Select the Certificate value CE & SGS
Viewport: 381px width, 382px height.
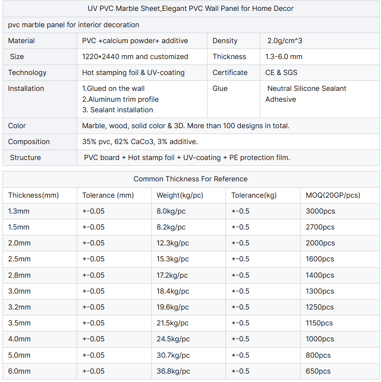click(x=281, y=72)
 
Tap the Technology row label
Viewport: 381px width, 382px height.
click(x=27, y=72)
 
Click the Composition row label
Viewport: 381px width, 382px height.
click(x=29, y=142)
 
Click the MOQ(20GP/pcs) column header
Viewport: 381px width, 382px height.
click(x=333, y=195)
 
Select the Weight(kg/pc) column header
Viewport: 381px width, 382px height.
click(x=180, y=195)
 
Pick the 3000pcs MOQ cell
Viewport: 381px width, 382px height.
click(x=320, y=211)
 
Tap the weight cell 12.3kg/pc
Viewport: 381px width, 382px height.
click(x=173, y=243)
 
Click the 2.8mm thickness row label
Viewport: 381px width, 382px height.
click(x=19, y=275)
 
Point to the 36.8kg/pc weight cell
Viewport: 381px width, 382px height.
click(x=173, y=371)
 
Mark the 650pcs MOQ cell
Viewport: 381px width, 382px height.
click(x=318, y=371)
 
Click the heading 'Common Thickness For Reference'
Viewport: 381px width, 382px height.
click(x=190, y=179)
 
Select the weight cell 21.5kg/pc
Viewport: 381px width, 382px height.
click(x=173, y=323)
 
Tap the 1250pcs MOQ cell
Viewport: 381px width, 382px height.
click(x=320, y=307)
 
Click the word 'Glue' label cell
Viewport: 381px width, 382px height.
click(x=220, y=88)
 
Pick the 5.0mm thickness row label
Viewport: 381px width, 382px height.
click(x=19, y=355)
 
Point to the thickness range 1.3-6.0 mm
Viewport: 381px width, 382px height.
click(x=284, y=57)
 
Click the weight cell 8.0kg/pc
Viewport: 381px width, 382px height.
click(x=171, y=211)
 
